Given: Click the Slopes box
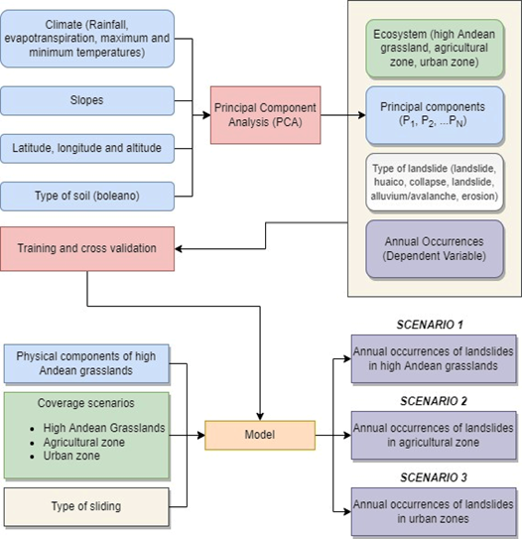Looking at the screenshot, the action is click(87, 100).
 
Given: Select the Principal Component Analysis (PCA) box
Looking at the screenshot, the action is click(266, 115).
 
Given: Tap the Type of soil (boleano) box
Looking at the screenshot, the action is click(87, 197).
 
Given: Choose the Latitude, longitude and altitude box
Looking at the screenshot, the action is click(87, 149).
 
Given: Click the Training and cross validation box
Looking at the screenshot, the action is click(87, 248).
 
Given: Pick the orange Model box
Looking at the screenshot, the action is click(260, 435).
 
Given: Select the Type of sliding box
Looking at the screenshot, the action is click(86, 506).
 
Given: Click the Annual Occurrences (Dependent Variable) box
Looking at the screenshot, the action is click(435, 249).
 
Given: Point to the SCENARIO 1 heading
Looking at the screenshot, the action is click(430, 325).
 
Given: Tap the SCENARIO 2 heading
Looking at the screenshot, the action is click(434, 401).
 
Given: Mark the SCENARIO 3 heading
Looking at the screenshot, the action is click(434, 477).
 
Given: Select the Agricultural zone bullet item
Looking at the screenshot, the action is click(77, 442).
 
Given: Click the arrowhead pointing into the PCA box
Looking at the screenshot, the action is click(206, 115).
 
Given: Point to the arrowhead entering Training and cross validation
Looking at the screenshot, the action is click(179, 248).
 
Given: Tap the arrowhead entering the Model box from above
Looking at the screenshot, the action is click(260, 417).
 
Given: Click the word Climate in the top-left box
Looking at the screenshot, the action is click(64, 25).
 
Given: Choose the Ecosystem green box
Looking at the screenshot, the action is click(435, 48).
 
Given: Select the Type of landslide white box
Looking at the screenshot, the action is click(435, 183).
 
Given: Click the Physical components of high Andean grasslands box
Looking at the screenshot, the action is click(86, 363).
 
